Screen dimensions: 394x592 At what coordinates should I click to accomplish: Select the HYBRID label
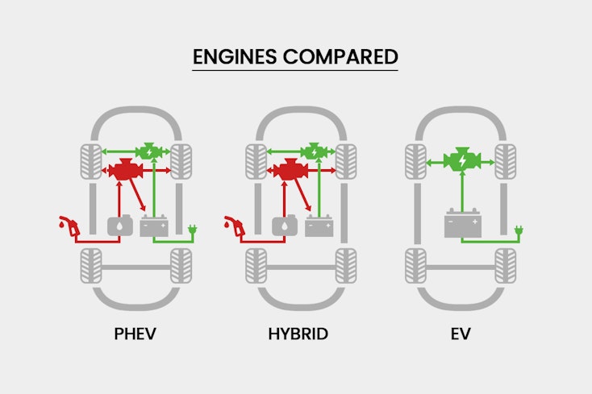[298, 334]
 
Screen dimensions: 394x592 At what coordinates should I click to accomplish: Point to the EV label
[461, 334]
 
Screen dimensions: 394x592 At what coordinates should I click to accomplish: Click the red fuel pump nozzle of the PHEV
[69, 226]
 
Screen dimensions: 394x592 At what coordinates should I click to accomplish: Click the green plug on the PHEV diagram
[193, 233]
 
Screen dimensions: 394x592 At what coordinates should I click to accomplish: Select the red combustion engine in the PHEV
[125, 171]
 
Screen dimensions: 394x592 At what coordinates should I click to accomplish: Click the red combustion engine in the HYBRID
[290, 171]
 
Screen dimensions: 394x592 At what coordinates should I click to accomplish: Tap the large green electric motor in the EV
[461, 161]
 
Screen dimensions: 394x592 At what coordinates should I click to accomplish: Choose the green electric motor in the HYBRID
[313, 151]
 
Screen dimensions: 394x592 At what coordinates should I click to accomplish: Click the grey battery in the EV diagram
[461, 223]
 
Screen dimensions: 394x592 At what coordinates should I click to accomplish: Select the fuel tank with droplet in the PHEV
[119, 226]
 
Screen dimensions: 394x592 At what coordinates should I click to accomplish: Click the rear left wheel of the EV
[415, 266]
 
